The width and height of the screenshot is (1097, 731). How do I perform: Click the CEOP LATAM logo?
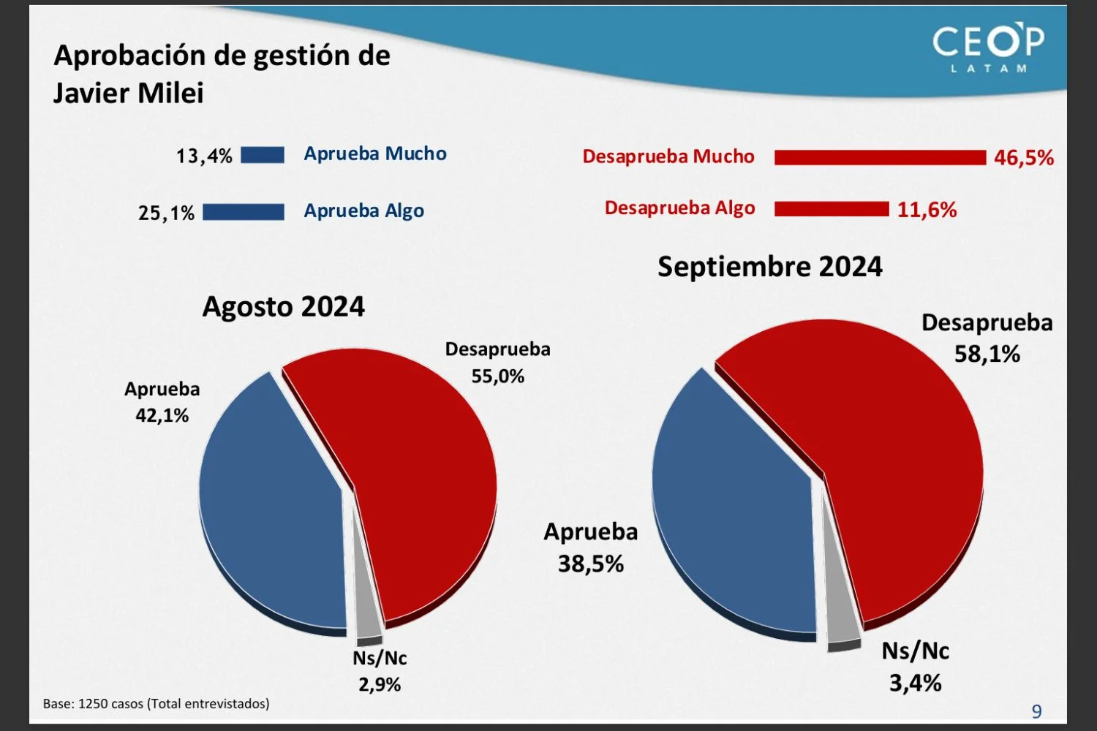988,48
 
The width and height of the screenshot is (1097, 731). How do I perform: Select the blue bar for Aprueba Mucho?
263,155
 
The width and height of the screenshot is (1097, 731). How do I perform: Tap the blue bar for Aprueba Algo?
244,212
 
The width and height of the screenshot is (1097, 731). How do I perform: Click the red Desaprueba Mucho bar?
880,157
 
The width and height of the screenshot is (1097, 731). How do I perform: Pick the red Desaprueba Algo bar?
832,209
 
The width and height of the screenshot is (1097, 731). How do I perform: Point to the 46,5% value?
1023,158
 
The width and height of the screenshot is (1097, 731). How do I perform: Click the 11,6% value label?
927,211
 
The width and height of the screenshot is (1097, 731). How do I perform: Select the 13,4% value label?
204,156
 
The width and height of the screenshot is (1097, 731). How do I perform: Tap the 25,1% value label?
167,213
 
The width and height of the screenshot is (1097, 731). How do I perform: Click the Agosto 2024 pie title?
284,306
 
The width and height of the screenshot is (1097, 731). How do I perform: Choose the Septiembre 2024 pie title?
770,267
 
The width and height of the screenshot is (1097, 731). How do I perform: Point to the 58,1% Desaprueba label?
987,355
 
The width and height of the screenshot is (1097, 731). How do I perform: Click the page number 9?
1036,711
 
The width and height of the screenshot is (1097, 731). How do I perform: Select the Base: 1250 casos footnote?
157,704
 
